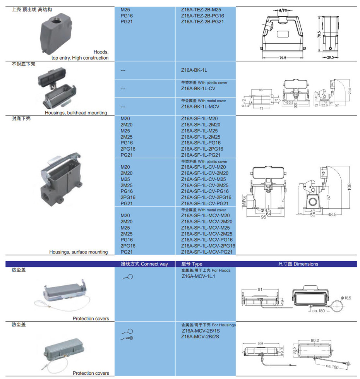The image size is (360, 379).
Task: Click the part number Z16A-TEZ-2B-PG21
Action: point(202,22)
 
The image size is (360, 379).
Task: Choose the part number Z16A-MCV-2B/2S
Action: point(200,337)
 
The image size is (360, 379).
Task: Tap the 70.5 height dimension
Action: point(319,34)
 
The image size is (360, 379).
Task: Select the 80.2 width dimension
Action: point(314,341)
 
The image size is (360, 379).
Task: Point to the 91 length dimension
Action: point(260,289)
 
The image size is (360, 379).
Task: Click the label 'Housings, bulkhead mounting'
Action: point(76,113)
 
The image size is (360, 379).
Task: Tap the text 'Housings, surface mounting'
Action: point(79,252)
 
